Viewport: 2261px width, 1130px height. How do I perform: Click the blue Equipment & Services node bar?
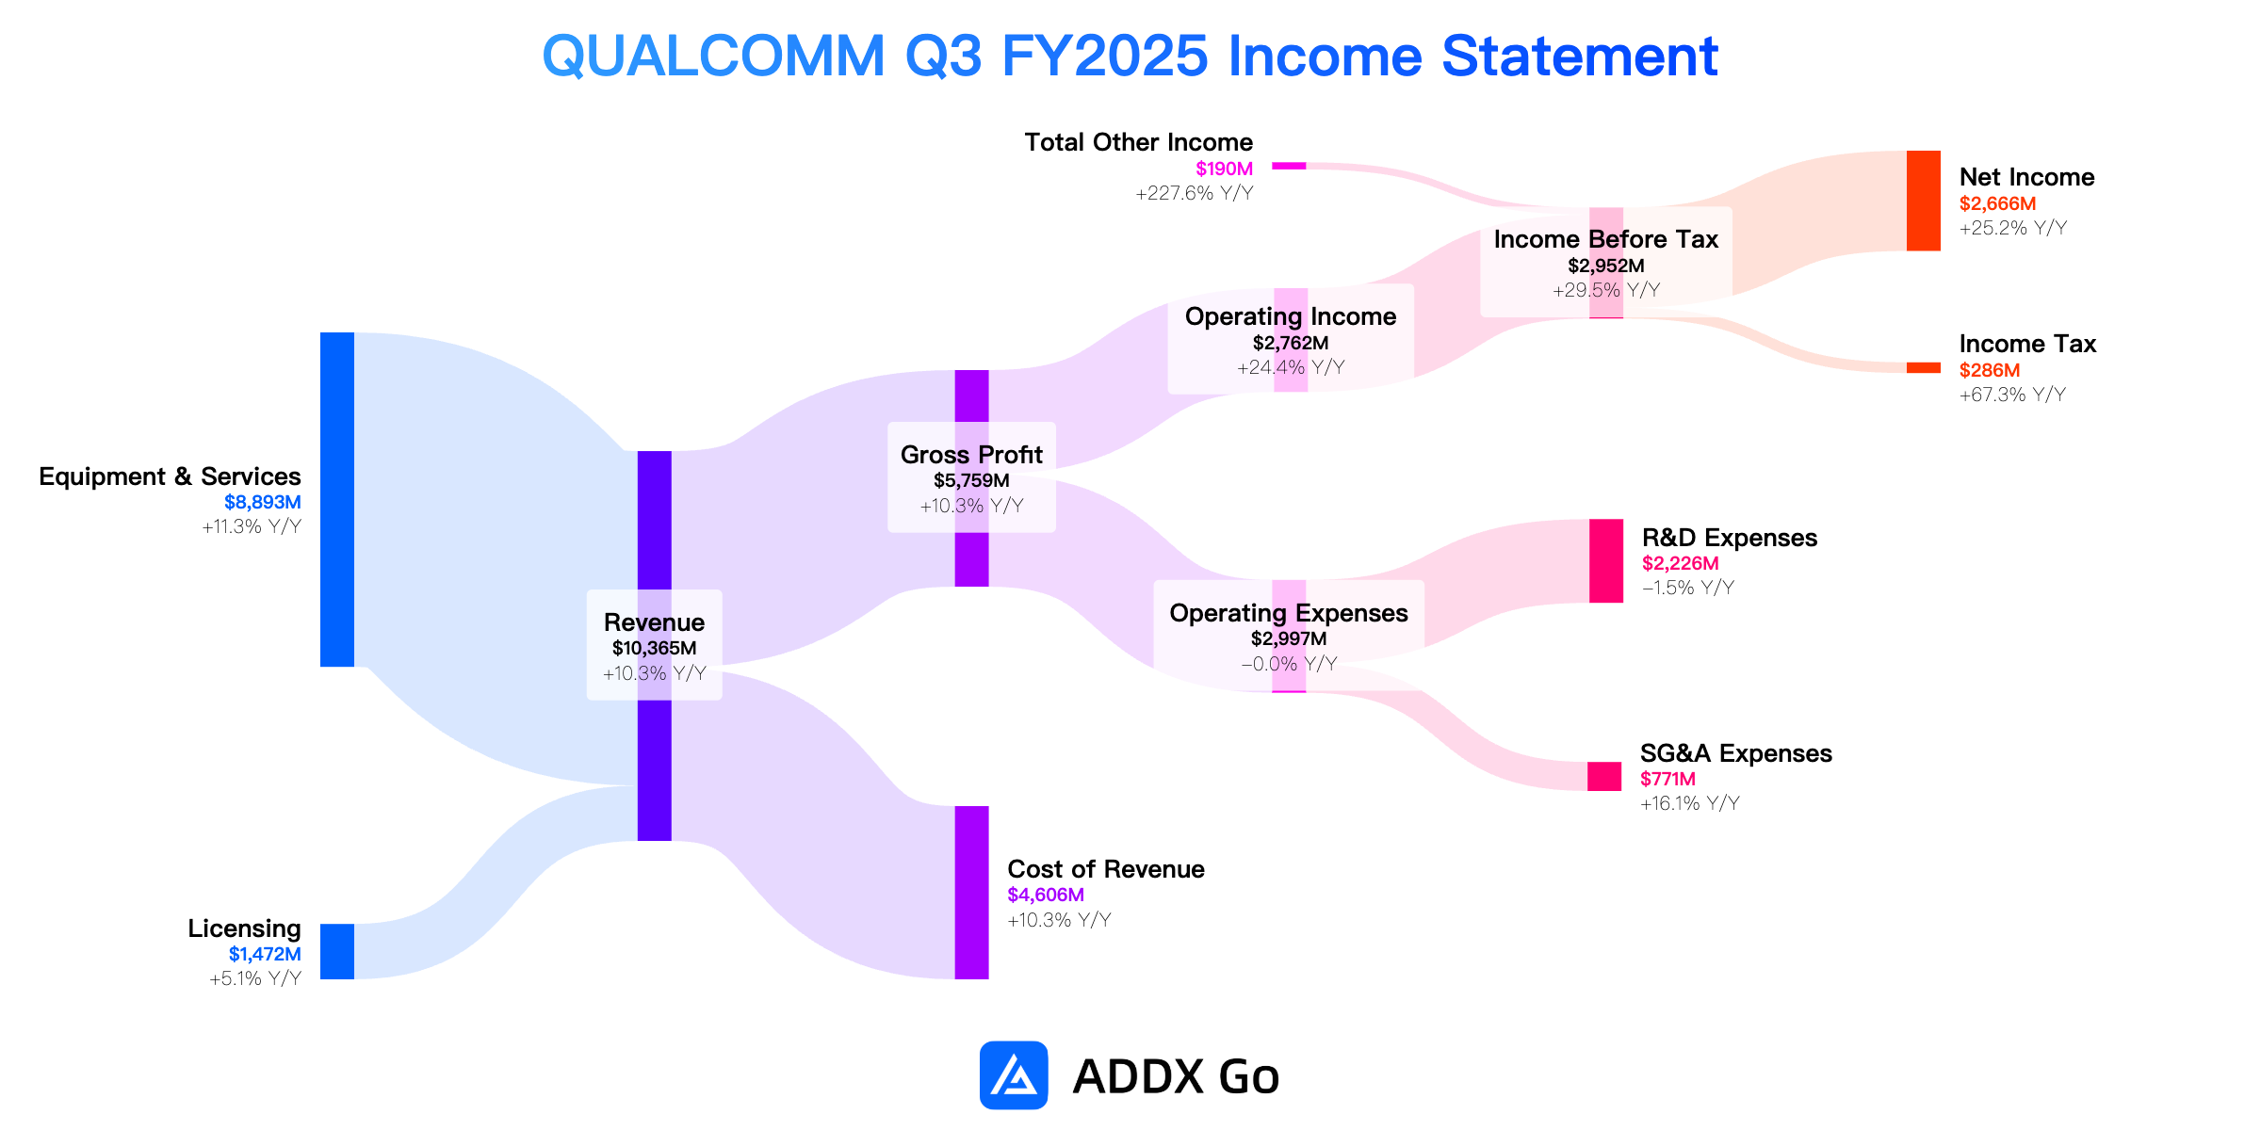click(x=337, y=499)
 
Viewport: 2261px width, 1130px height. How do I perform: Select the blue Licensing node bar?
click(x=337, y=951)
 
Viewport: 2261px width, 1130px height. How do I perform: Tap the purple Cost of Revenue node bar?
click(x=971, y=893)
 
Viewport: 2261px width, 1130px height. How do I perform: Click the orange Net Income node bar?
click(x=1924, y=201)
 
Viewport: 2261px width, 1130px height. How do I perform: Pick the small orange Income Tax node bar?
click(x=1924, y=367)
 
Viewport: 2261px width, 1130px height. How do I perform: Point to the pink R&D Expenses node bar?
click(x=1606, y=560)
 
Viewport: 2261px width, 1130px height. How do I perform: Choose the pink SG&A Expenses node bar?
click(x=1604, y=776)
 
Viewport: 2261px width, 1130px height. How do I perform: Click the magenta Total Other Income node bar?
click(x=1289, y=166)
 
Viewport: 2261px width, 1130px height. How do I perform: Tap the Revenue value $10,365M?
click(x=655, y=648)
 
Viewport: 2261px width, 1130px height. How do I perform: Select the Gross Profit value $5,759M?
click(x=971, y=480)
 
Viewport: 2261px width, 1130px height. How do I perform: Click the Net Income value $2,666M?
click(x=1997, y=203)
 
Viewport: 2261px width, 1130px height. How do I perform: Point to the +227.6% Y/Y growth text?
click(x=1195, y=193)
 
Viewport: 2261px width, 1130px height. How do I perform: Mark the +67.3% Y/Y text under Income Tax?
click(x=2013, y=395)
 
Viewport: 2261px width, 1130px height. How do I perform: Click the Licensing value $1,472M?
click(x=265, y=954)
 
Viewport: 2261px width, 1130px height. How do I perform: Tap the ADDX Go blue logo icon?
click(x=1014, y=1075)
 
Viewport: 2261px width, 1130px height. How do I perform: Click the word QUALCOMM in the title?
click(x=714, y=56)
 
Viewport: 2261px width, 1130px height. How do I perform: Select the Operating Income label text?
click(x=1291, y=316)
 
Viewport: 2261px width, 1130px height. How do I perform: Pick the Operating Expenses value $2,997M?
click(x=1289, y=638)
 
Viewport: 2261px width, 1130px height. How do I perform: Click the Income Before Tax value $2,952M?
click(x=1606, y=266)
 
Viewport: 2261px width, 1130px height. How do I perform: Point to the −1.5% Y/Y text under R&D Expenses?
click(x=1688, y=588)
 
